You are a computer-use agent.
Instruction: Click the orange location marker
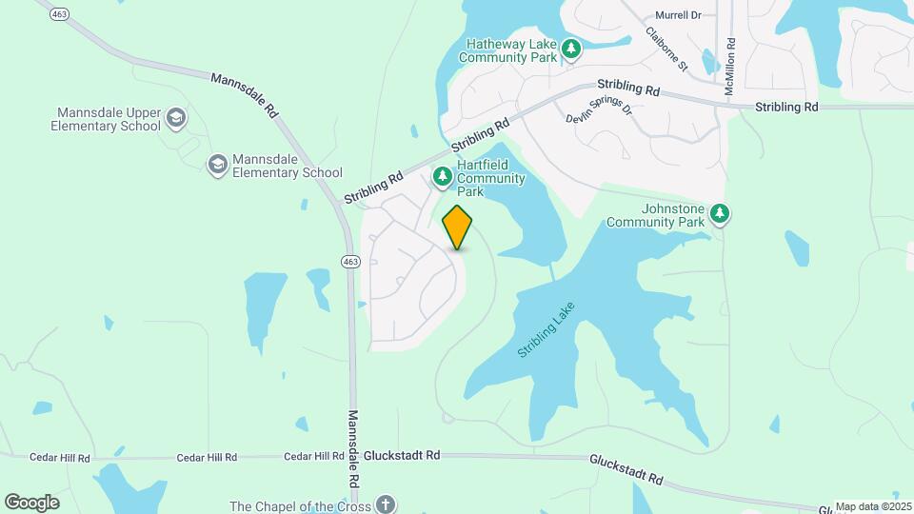458,227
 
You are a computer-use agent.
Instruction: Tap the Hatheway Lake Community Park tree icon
570,49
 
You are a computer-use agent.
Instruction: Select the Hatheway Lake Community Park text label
510,50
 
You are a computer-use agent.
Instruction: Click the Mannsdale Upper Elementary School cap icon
175,118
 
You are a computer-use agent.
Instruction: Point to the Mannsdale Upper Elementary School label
108,119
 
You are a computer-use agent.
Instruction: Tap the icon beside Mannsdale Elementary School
218,165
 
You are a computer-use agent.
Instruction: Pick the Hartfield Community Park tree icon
443,176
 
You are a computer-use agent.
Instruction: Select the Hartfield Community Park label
490,178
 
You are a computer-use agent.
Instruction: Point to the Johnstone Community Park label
656,215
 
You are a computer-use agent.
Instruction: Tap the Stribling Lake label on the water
547,329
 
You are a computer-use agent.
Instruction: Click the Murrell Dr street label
678,15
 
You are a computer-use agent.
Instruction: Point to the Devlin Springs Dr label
599,108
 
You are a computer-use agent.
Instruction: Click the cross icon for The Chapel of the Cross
385,504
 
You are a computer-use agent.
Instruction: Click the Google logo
31,503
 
